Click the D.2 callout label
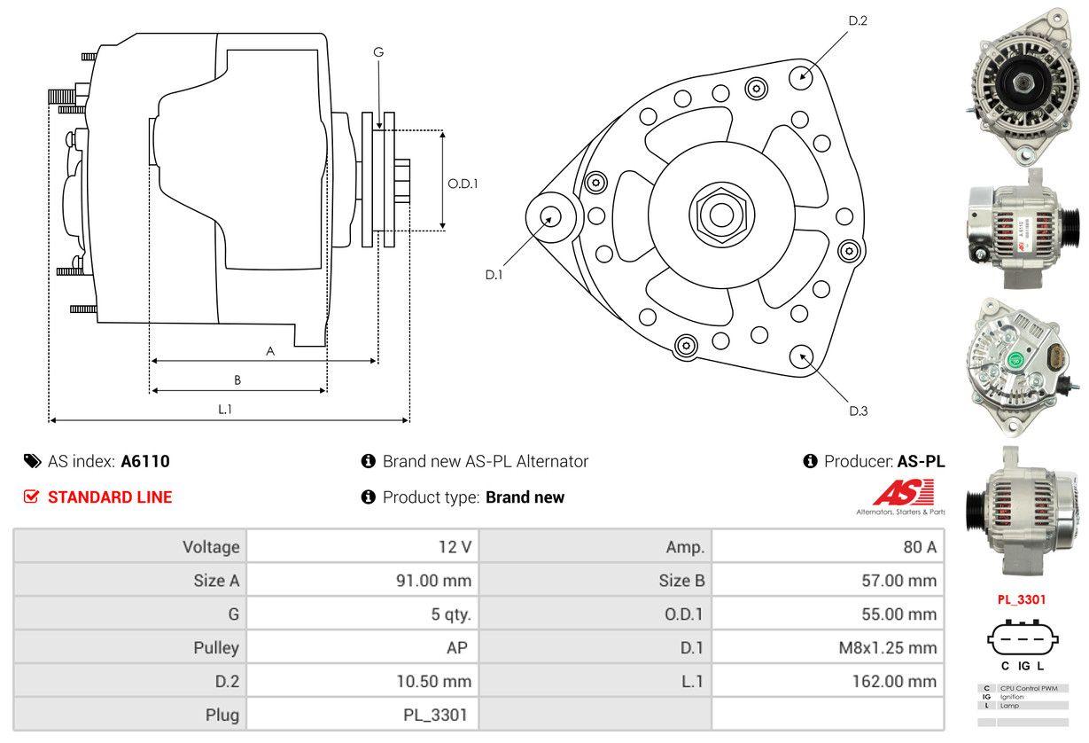(857, 20)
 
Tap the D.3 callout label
(858, 411)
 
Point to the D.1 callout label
(494, 275)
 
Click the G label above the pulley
(378, 52)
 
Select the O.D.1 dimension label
(463, 184)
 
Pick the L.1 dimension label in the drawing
(225, 409)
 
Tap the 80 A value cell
(919, 547)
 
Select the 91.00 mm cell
(433, 581)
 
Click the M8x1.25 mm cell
(887, 647)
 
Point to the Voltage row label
(211, 547)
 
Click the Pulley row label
(216, 647)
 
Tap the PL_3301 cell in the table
(437, 715)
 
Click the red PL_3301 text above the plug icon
(1022, 599)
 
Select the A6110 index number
(145, 461)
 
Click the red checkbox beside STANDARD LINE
(32, 497)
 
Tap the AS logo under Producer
(904, 492)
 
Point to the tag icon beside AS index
(32, 461)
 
